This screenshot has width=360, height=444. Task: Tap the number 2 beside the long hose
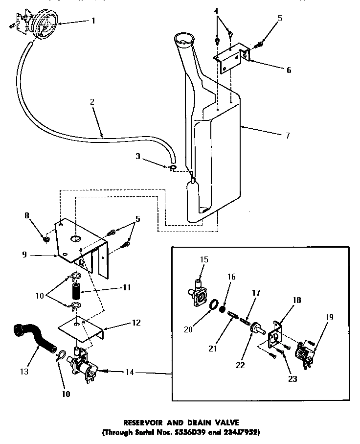pyautogui.click(x=92, y=103)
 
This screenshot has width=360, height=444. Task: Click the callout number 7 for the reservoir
pyautogui.click(x=287, y=135)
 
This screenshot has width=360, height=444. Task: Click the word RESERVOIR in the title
pyautogui.click(x=147, y=421)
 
